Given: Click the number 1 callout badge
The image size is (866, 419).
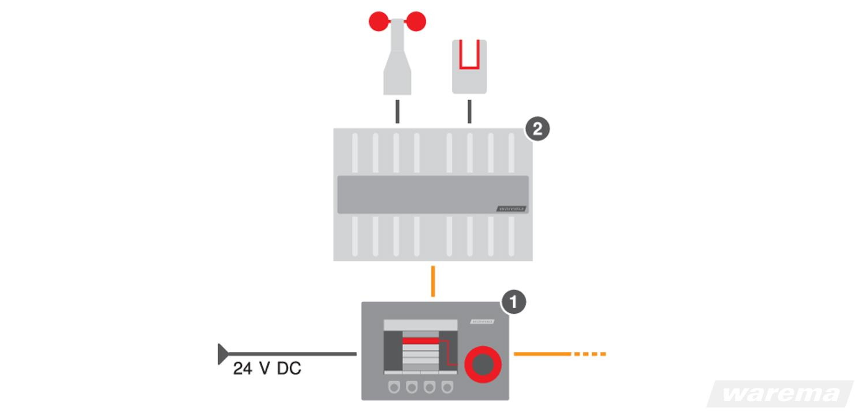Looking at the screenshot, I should point(513,302).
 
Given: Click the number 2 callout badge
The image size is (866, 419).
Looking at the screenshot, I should point(537,129).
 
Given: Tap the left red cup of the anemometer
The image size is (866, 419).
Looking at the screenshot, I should point(379,21).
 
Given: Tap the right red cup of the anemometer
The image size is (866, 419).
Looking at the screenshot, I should point(416,21).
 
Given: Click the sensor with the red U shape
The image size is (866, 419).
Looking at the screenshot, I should point(469,66).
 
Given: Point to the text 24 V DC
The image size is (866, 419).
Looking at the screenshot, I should point(267,369).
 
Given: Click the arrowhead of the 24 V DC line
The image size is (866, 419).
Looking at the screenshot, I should point(222,354).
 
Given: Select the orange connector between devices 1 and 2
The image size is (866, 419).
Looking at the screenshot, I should point(432,281).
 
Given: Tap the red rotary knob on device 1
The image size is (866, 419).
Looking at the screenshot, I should point(483,364).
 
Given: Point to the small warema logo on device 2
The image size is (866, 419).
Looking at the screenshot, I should point(511,209).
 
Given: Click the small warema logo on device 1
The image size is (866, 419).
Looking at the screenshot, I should point(482,321).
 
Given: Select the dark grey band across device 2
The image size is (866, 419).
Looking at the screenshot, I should point(432,194).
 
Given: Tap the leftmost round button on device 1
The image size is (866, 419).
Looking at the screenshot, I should point(394,387).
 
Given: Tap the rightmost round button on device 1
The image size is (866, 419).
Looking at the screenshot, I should point(447,387).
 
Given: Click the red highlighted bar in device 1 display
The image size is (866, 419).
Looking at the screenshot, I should point(420,341).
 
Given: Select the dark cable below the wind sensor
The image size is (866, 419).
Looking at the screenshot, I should point(397,111).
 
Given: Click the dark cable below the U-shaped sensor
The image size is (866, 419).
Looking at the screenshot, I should point(469,111).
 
